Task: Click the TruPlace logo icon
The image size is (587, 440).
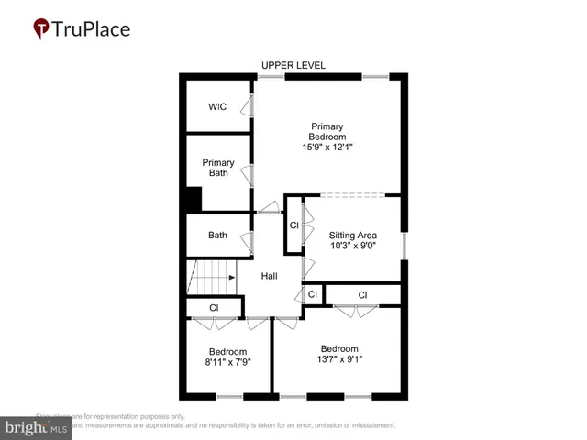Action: click(x=41, y=28)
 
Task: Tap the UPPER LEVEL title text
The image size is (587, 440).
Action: click(x=293, y=65)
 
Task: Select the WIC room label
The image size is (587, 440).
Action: click(x=217, y=107)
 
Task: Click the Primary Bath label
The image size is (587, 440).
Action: click(x=218, y=169)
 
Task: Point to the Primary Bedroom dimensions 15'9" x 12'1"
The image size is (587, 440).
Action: click(x=327, y=147)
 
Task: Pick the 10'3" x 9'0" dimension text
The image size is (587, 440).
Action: click(x=353, y=246)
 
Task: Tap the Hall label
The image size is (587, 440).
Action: click(x=270, y=276)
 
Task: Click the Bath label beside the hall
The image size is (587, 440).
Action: click(x=217, y=236)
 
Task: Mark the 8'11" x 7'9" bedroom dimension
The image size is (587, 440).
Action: click(x=227, y=362)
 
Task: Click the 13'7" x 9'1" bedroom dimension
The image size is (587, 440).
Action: click(x=338, y=358)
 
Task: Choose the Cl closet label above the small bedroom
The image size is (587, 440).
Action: click(x=214, y=307)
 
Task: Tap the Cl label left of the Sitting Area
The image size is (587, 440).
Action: click(x=293, y=225)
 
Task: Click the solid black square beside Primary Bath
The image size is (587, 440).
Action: click(x=194, y=199)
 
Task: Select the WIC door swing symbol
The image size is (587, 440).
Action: click(x=248, y=107)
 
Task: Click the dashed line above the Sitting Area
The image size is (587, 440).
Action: click(x=352, y=194)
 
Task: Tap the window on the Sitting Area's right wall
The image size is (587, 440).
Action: click(x=404, y=244)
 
